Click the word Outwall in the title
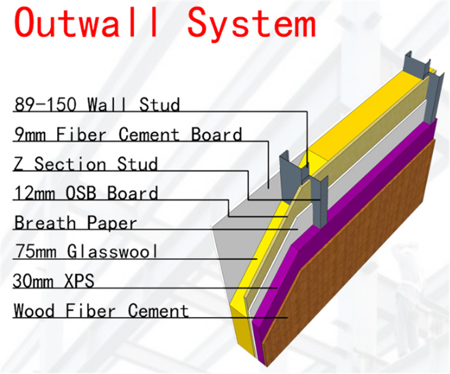[85, 22]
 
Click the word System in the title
[251, 25]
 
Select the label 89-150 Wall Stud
[97, 104]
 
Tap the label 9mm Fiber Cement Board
[128, 134]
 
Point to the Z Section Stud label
[86, 164]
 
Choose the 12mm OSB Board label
[86, 193]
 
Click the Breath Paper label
[76, 223]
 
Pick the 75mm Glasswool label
[86, 252]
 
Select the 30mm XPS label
[53, 281]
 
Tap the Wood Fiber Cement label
[101, 311]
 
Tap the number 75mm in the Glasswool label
[35, 252]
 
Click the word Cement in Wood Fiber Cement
[158, 311]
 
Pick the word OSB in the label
[80, 193]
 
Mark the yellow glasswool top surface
[356, 115]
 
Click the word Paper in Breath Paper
[112, 223]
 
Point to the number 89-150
[46, 104]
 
